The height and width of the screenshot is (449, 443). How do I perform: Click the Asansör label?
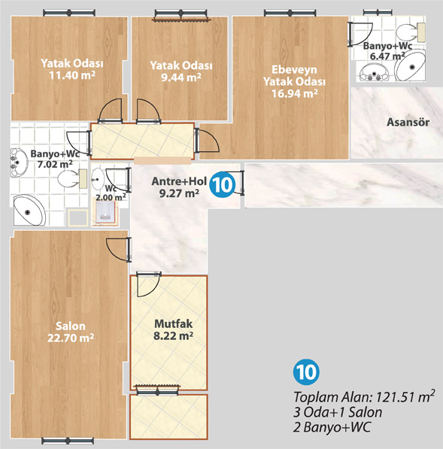tap(408, 123)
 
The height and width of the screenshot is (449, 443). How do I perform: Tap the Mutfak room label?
tap(174, 323)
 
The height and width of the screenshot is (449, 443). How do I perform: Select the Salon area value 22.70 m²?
tap(71, 338)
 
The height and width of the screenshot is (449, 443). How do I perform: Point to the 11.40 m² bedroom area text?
tap(72, 75)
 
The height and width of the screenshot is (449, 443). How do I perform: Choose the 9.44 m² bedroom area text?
tap(181, 77)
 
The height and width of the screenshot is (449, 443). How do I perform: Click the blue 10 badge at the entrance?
tap(222, 184)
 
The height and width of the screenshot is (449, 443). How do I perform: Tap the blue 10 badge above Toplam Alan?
tap(306, 372)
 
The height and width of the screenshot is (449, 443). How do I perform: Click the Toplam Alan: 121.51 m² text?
tap(364, 396)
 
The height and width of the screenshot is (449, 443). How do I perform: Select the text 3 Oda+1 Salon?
tap(338, 412)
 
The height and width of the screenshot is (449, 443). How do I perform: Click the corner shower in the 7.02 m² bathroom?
tap(29, 210)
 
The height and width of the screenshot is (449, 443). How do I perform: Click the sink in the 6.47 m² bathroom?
tap(375, 73)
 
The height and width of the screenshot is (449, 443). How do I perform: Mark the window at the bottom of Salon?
tap(68, 441)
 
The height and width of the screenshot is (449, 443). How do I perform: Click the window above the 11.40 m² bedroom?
tap(69, 13)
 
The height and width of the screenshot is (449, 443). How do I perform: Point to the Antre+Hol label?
tap(179, 181)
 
